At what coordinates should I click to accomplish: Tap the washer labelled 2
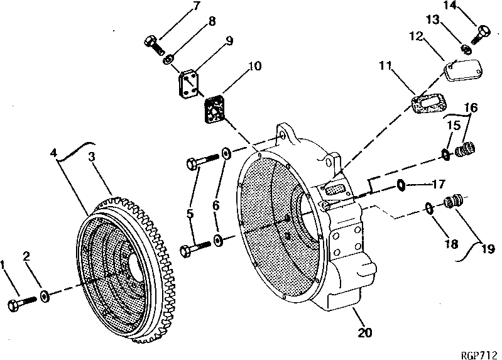(x=45, y=296)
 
